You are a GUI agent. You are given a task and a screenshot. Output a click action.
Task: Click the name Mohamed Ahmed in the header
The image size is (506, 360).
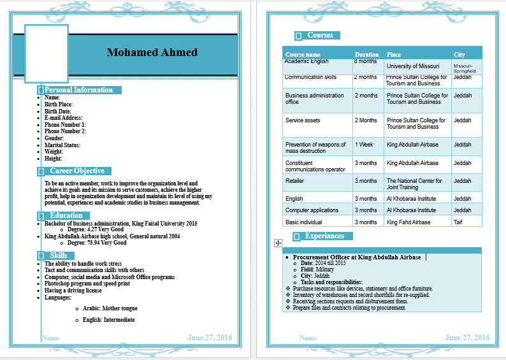tap(152, 52)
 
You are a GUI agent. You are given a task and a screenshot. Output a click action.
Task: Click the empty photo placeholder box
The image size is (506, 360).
tap(46, 54)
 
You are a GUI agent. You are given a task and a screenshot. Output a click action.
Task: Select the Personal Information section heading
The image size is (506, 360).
tap(78, 90)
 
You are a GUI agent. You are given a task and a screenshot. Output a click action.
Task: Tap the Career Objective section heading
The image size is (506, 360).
tap(77, 171)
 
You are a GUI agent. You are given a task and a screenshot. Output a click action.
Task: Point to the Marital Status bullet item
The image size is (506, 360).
tap(62, 145)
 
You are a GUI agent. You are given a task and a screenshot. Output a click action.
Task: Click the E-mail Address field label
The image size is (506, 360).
tap(63, 118)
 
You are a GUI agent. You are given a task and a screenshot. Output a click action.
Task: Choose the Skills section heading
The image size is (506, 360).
tap(59, 256)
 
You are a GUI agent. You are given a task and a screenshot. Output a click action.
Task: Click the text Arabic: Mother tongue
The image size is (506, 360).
tap(110, 308)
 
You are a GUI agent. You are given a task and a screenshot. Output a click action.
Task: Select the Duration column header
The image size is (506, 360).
tap(366, 55)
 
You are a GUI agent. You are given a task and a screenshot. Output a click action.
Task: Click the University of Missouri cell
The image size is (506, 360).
tap(413, 66)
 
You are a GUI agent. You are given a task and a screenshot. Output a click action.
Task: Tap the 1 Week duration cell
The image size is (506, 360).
tap(364, 145)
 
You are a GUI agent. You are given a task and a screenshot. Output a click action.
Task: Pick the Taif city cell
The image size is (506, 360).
tap(458, 222)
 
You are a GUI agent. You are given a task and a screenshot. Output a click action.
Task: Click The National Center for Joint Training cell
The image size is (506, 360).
tap(414, 184)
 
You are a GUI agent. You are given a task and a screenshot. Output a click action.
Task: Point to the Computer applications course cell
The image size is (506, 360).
tap(312, 210)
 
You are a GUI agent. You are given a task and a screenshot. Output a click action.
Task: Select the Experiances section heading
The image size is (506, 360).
tap(324, 236)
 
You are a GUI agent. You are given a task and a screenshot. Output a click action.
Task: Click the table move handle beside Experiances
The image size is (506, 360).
tap(277, 243)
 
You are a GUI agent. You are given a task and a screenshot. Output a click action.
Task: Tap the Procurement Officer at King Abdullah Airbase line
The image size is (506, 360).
tap(357, 257)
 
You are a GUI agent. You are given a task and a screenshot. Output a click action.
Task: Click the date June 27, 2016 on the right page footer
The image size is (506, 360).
tap(466, 338)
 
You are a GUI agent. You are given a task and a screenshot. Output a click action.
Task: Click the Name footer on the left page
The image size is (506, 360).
tap(50, 338)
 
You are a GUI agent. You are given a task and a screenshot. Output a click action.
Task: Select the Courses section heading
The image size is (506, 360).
tap(320, 36)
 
